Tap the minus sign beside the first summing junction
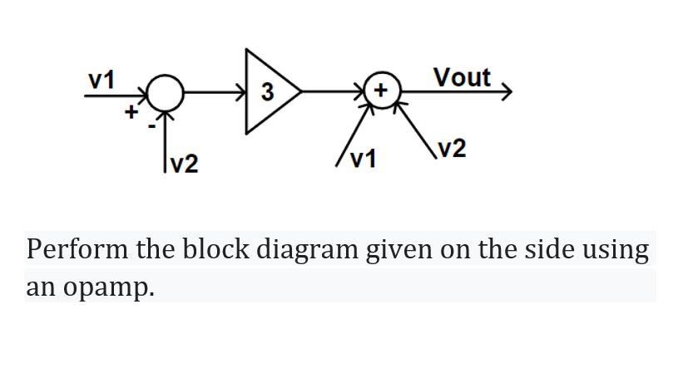(151, 126)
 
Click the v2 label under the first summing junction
(185, 164)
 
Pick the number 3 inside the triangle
(265, 91)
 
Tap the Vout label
(463, 77)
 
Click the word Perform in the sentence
(67, 249)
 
